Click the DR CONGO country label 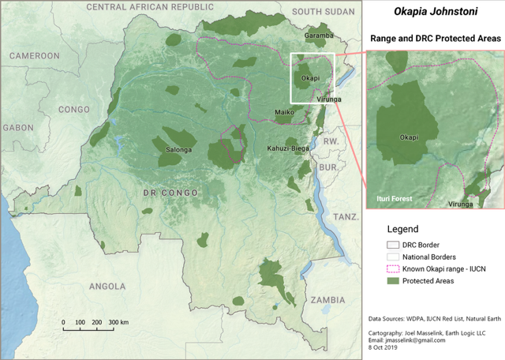(170, 193)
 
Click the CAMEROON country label (35, 56)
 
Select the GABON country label (17, 127)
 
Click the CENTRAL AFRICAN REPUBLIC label (150, 7)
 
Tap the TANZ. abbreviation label (346, 216)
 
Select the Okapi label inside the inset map (409, 137)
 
